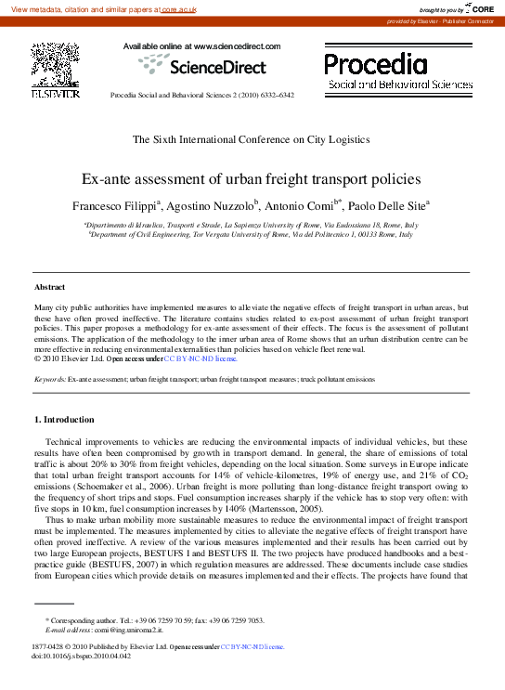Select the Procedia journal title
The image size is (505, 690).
pos(376,64)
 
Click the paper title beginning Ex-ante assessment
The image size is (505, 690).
pos(252,178)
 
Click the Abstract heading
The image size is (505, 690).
pos(50,287)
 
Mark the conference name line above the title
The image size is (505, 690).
pos(252,139)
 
